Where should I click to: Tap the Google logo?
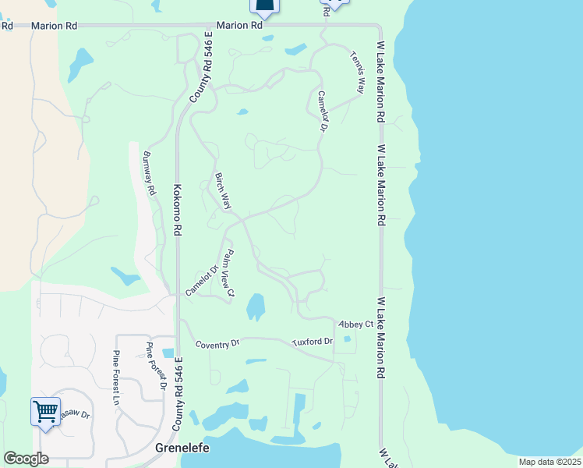tap(26, 459)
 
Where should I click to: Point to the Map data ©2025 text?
tap(549, 462)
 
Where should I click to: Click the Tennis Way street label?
tap(358, 73)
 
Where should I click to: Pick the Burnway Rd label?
tap(149, 173)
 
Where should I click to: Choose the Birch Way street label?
tap(224, 191)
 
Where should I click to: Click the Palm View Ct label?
tap(228, 275)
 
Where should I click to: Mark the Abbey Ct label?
tap(355, 324)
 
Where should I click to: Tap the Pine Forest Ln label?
tap(116, 379)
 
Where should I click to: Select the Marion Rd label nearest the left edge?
tap(54, 26)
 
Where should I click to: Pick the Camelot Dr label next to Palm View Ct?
tap(200, 279)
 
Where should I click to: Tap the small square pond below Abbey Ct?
tap(347, 339)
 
